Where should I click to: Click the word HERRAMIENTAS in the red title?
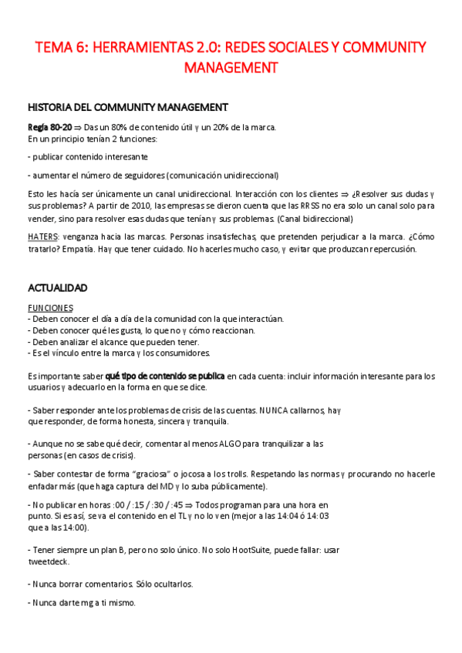tap(133, 49)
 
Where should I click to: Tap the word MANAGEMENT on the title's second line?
tap(231, 68)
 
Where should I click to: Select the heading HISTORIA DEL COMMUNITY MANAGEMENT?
tap(127, 107)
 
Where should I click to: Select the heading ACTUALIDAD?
tap(58, 288)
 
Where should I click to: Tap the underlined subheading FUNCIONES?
tap(50, 307)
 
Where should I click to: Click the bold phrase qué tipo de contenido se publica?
tap(165, 376)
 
